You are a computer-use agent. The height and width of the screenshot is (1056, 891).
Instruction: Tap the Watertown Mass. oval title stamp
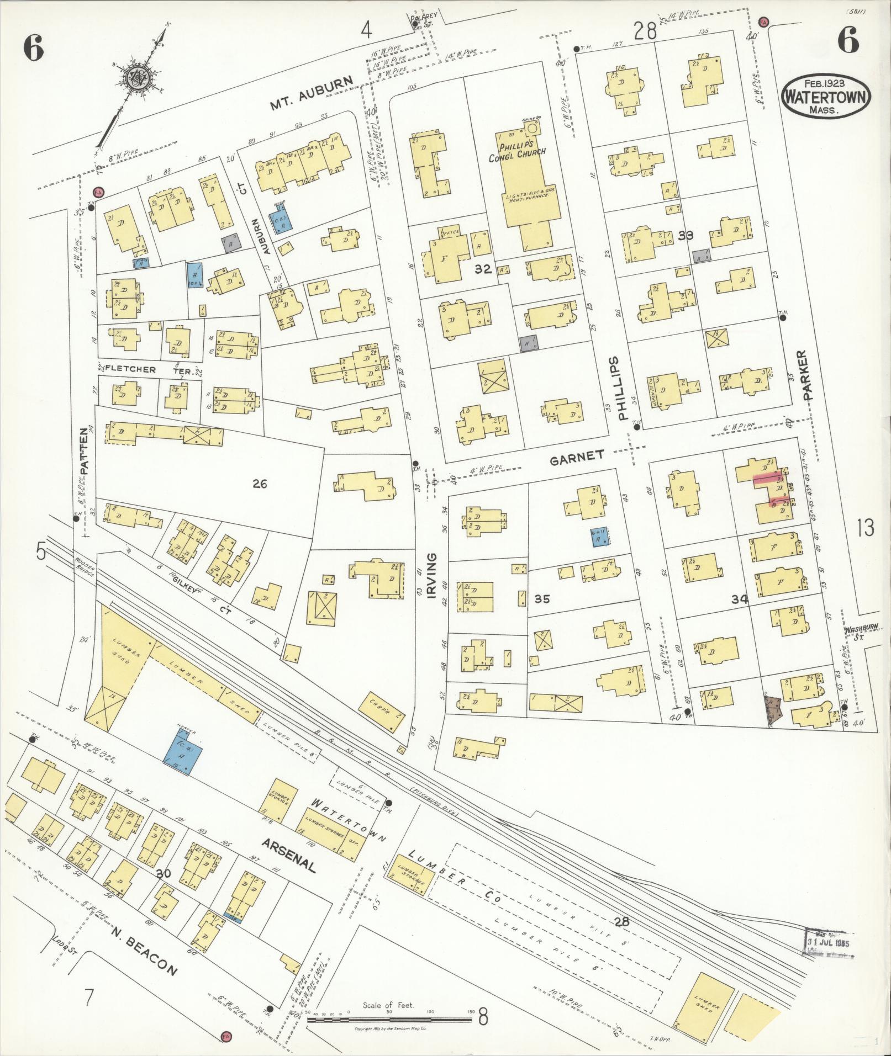tap(826, 97)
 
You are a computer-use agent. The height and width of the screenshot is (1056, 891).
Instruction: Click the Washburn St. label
tap(860, 633)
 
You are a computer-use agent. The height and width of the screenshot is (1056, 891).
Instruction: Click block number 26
tap(260, 484)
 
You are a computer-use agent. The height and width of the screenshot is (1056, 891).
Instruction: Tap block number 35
tap(542, 598)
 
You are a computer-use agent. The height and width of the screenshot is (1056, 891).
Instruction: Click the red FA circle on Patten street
tap(99, 192)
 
